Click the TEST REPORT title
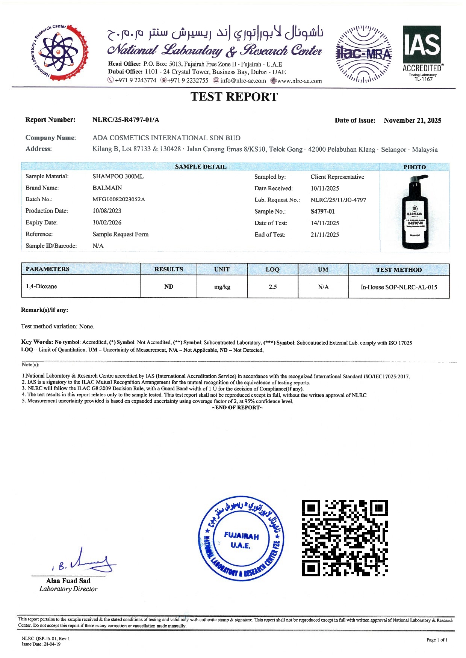234,97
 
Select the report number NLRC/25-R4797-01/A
126,120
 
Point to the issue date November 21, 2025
412,120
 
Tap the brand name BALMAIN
107,188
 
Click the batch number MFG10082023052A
119,199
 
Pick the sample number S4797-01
322,211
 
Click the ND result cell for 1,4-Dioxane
169,287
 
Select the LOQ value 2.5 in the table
272,287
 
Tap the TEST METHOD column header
399,270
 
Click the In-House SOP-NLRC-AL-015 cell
399,287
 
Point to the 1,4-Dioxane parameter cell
41,286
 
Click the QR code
345,538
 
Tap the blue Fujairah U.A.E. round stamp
241,538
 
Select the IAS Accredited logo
422,53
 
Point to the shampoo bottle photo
415,212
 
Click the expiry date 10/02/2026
107,223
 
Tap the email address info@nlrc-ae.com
243,81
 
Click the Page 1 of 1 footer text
437,640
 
